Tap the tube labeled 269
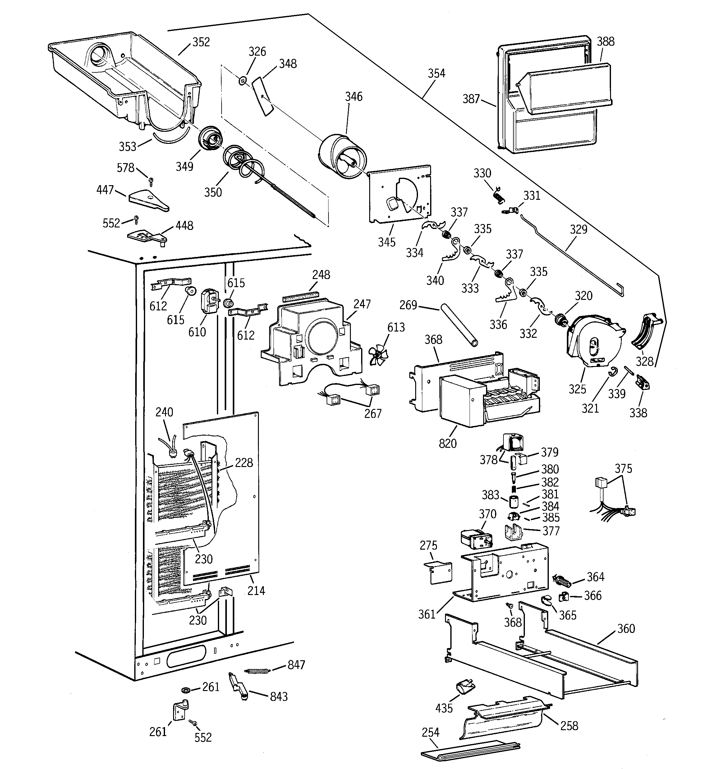point(458,325)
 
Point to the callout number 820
point(448,444)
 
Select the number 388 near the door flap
point(605,41)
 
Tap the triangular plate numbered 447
point(149,201)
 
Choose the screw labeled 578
point(151,180)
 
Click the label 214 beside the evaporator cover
point(256,591)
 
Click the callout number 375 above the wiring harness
point(623,469)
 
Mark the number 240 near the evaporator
point(164,412)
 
